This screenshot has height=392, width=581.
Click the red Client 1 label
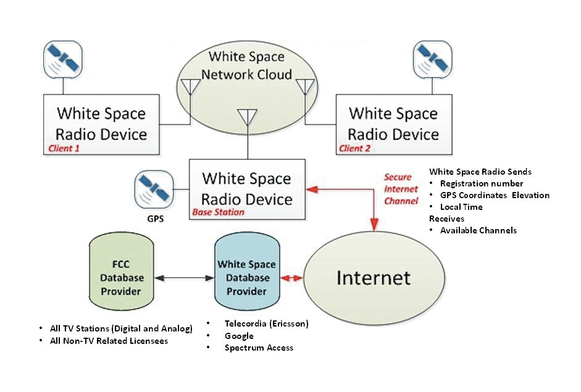coord(64,148)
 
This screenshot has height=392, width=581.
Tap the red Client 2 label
coord(354,148)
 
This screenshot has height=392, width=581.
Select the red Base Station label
coord(218,212)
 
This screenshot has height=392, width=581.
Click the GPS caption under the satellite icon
coord(155,219)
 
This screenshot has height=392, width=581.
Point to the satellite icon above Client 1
coord(63,60)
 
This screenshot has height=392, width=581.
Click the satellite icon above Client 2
coord(432,60)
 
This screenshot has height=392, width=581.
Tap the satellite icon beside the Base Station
coord(154,190)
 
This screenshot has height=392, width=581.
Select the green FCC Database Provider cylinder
coord(121,271)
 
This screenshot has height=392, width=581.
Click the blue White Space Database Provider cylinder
coord(247,271)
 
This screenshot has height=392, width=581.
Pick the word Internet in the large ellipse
coord(374,278)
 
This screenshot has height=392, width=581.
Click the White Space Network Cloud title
coord(246,65)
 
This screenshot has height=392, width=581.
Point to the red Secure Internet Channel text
coord(401,189)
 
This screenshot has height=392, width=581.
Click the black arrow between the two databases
coord(184,278)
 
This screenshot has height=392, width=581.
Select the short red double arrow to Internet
coord(291,278)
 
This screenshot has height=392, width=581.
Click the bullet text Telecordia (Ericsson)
coord(266,323)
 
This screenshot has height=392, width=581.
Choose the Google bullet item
coord(239,336)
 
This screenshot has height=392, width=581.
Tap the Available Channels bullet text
coord(479,230)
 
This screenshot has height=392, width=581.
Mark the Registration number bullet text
coord(482,183)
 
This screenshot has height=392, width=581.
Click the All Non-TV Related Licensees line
coord(109,341)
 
